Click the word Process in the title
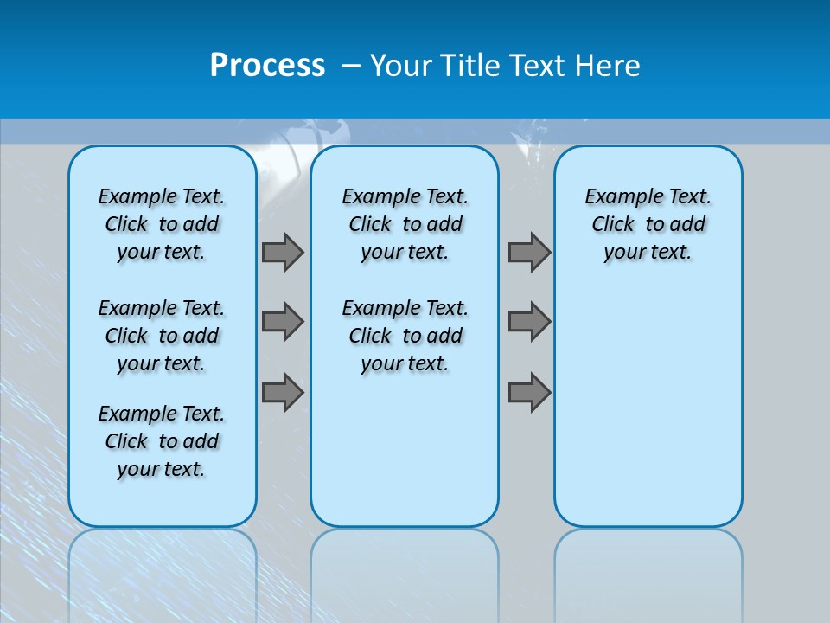pos(267,66)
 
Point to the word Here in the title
pos(609,66)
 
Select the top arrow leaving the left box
pos(283,252)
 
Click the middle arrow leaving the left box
pos(283,322)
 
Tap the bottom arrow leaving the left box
pos(283,392)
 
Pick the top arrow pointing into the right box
pos(529,252)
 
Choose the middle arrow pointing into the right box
pos(529,322)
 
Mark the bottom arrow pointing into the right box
pos(529,392)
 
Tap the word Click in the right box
pos(613,225)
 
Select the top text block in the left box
pos(162,224)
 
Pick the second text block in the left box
pos(162,336)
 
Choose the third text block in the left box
pos(162,441)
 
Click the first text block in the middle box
pos(405,224)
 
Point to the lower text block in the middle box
pos(405,336)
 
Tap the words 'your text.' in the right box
pos(648,253)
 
